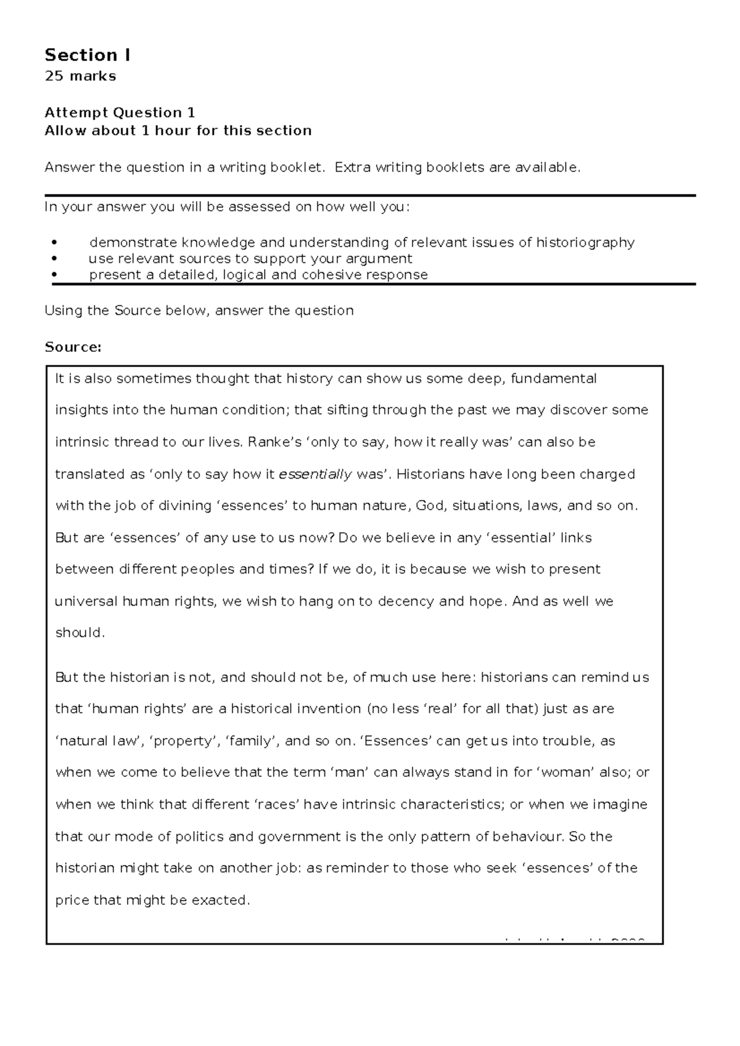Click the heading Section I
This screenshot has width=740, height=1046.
(x=87, y=55)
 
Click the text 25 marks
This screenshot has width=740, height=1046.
(x=80, y=76)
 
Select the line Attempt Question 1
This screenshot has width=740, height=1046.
(x=120, y=113)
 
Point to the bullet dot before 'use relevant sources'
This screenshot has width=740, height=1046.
(x=55, y=259)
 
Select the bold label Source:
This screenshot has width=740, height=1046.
(x=73, y=347)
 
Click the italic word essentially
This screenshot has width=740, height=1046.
(x=316, y=474)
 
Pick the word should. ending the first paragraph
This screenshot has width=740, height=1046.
(x=80, y=633)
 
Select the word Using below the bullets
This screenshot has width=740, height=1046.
(x=64, y=310)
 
